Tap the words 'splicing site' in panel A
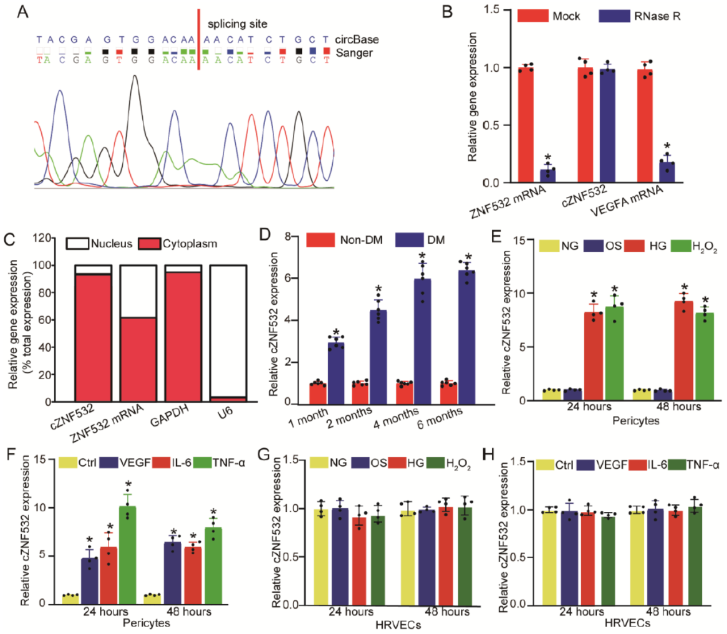(237, 24)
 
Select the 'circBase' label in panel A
(357, 40)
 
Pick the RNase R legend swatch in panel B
(614, 16)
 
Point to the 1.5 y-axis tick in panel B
(492, 10)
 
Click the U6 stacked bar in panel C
(228, 333)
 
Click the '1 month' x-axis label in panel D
(308, 418)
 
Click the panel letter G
(263, 454)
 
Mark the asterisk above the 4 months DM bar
(423, 256)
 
